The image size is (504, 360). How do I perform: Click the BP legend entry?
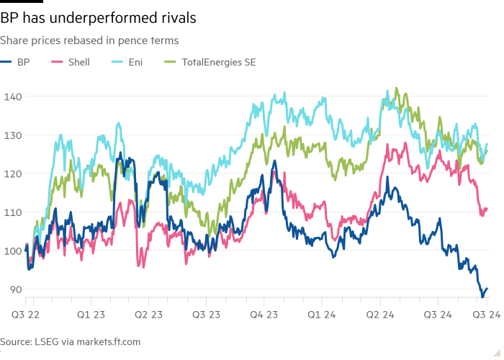point(24,63)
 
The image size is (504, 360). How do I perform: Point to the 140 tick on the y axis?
point(12,96)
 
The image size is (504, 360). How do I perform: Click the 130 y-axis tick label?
point(12,135)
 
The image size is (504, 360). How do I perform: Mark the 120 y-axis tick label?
point(12,174)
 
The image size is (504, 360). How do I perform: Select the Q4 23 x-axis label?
point(264,315)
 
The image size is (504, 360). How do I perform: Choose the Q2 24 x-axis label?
point(379,315)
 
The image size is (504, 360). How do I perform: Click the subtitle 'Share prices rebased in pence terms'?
point(90,41)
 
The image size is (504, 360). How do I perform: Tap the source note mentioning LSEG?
point(71,341)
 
